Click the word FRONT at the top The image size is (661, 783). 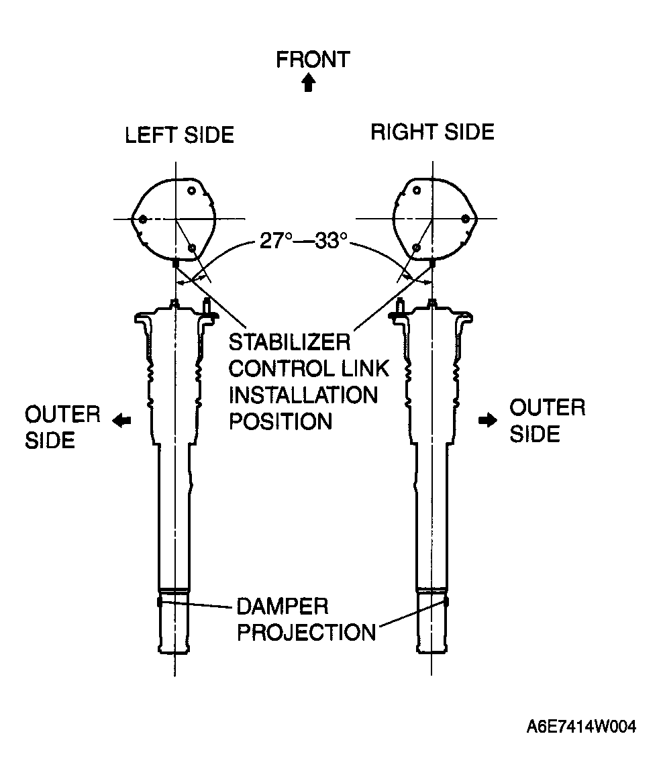(x=313, y=60)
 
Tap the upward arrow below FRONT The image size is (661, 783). (x=309, y=83)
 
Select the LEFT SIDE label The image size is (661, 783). (x=179, y=136)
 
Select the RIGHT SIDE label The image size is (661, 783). (x=432, y=132)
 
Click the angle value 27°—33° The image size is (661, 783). (x=303, y=241)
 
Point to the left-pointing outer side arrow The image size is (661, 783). (x=121, y=421)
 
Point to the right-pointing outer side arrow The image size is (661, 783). (x=488, y=421)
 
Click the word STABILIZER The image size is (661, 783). (x=289, y=343)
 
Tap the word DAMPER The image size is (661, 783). (x=283, y=607)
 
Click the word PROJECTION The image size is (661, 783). (x=306, y=633)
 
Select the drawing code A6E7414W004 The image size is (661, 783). (x=581, y=727)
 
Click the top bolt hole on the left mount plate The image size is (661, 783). (x=191, y=191)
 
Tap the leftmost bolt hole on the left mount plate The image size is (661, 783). (x=143, y=219)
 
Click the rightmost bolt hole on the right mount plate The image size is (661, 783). (x=465, y=219)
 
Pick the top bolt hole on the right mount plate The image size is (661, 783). (x=417, y=190)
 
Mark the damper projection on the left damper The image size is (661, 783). (x=160, y=603)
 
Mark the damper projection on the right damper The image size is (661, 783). (x=446, y=603)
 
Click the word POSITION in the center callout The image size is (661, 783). (x=281, y=422)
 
